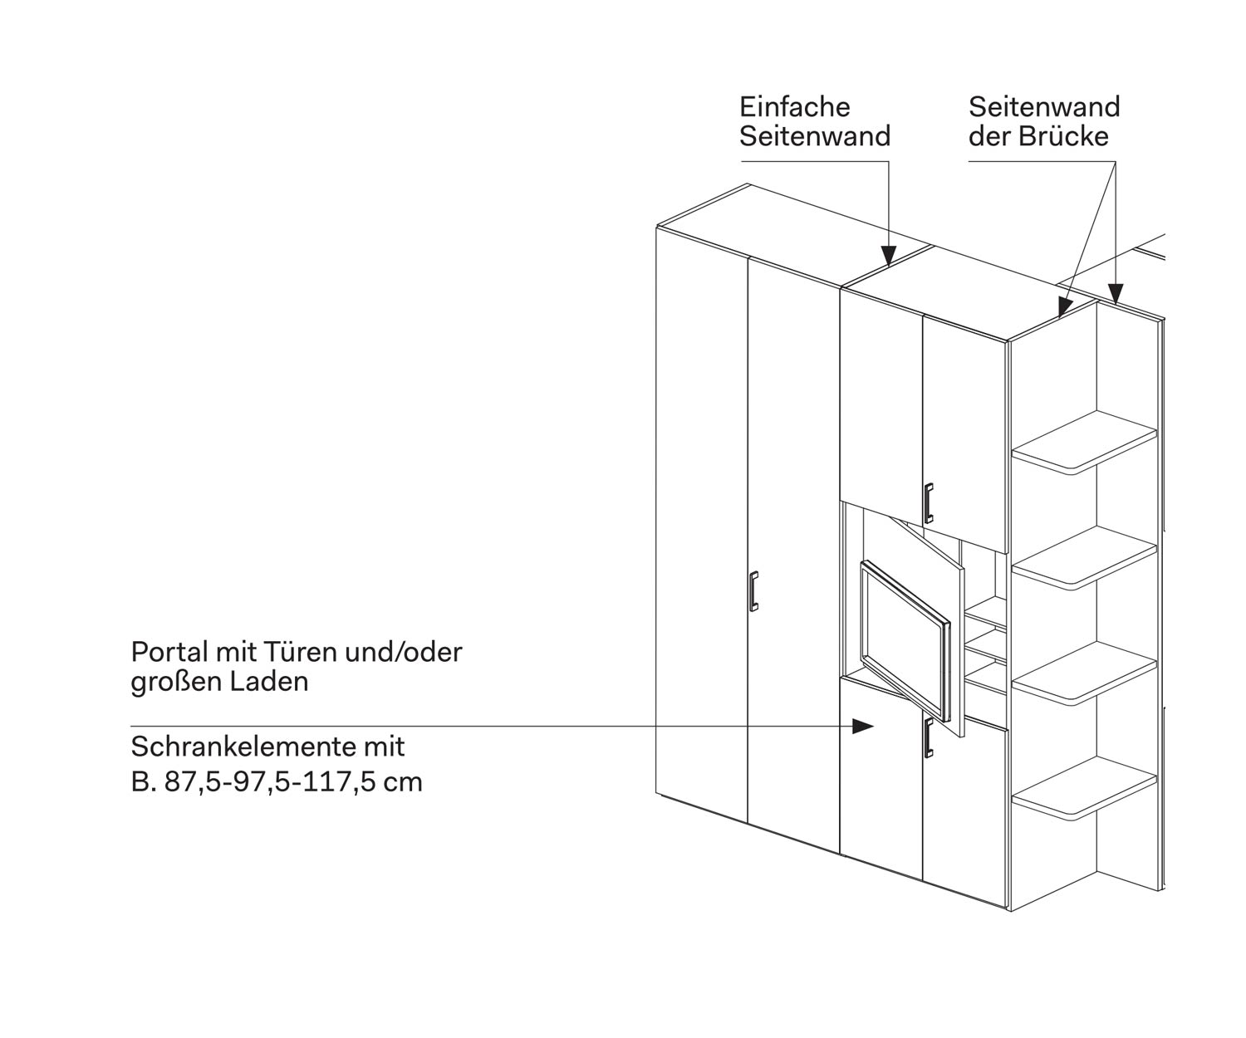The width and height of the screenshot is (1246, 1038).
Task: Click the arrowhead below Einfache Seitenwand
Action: pos(889,255)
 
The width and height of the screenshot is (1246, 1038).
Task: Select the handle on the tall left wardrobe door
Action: pos(753,591)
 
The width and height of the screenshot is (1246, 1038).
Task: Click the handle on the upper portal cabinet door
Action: pos(928,502)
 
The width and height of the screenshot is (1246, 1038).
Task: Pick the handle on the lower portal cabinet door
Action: pos(928,738)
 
